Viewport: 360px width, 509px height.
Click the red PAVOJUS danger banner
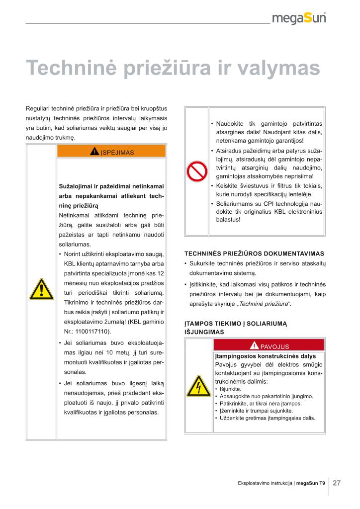click(x=269, y=346)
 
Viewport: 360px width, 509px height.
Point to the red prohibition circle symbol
click(x=196, y=172)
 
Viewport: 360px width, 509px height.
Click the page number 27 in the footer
click(x=337, y=483)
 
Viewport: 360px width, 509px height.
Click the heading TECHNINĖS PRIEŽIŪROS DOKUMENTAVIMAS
click(x=254, y=253)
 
